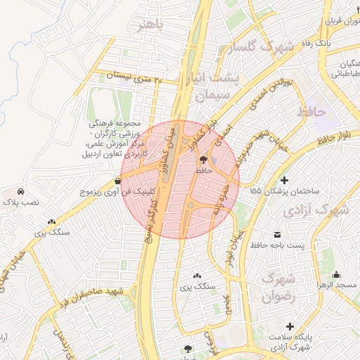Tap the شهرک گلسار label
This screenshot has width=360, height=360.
point(269,48)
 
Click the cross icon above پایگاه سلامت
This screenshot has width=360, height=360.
point(290,326)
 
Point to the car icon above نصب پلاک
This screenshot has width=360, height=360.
point(21,191)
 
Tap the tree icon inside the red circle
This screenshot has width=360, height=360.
point(204,160)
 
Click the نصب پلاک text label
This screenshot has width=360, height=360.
point(21,202)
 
